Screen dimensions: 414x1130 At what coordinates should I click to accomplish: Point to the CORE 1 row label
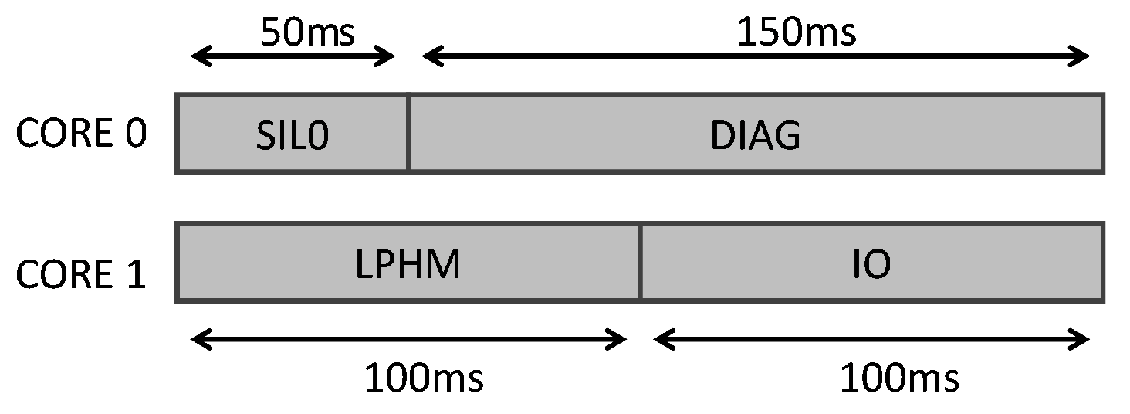click(x=81, y=274)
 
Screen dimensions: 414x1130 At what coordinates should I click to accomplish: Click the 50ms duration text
click(x=306, y=32)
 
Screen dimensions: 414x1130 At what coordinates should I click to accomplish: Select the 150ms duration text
click(x=797, y=32)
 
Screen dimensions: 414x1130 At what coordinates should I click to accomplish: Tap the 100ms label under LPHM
click(x=424, y=378)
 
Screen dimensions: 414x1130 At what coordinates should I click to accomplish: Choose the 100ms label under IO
click(x=899, y=378)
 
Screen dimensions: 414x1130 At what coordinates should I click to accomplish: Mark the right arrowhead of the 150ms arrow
click(x=1081, y=56)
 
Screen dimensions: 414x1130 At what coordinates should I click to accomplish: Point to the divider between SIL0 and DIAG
click(x=408, y=133)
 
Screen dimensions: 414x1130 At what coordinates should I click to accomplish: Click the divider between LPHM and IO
click(x=640, y=263)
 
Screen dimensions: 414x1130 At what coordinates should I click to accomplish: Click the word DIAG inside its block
click(x=755, y=136)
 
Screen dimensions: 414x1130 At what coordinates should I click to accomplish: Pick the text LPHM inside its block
click(x=408, y=265)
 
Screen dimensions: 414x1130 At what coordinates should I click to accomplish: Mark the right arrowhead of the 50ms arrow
click(x=388, y=56)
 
